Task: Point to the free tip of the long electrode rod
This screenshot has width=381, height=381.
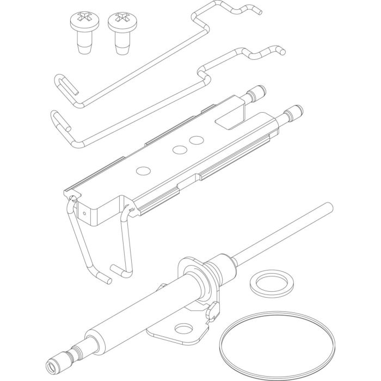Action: point(328,206)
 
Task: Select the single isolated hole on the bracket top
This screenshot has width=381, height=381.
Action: point(143,171)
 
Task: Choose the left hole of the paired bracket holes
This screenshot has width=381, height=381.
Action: point(179,149)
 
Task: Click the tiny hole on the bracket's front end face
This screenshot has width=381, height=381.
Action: point(87,214)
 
